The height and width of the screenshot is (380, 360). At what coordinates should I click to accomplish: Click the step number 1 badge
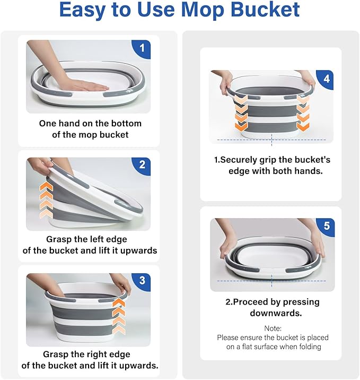click(x=142, y=49)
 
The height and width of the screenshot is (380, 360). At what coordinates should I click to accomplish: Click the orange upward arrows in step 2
click(x=47, y=200)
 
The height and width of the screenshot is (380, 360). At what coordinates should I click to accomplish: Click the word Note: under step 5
click(x=273, y=329)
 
